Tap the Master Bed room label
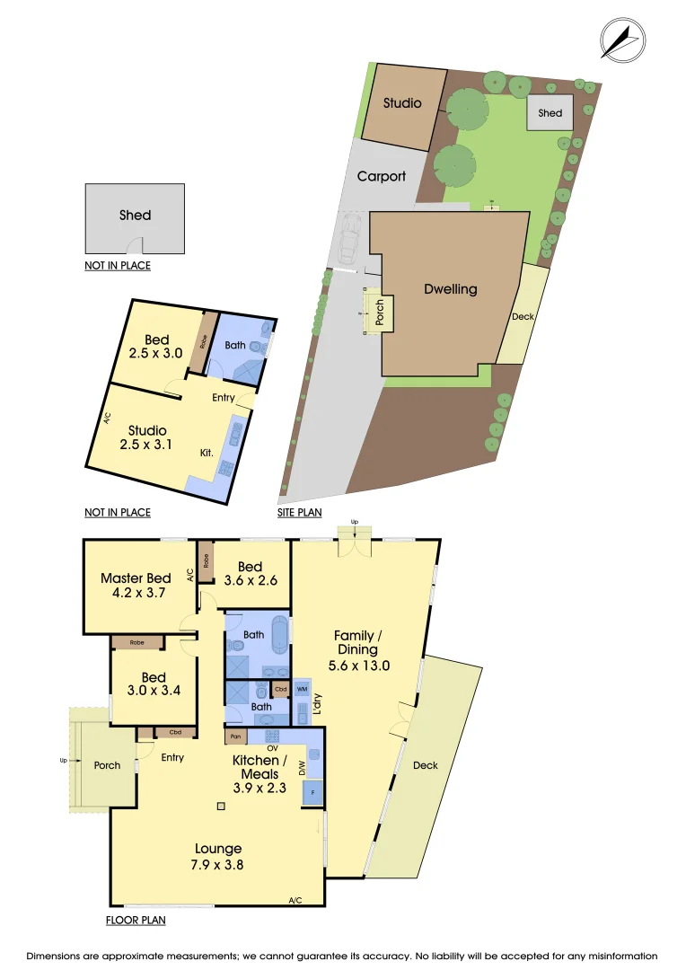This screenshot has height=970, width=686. point(136,586)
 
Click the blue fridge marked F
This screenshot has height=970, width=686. point(312,793)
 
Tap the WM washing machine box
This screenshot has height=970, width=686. point(301,689)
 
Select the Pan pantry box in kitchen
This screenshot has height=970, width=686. point(235,736)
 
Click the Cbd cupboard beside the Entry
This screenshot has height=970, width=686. point(175,732)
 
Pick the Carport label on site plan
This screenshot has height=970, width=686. point(382,176)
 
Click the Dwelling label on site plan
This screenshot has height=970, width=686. point(451,289)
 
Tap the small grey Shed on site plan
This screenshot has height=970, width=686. point(550,113)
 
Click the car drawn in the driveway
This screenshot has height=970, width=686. point(350,240)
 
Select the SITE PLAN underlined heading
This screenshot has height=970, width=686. point(300,513)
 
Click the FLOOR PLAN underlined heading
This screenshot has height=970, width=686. point(135,920)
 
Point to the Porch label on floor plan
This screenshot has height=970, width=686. point(107,765)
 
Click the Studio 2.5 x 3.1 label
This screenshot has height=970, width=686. point(147,437)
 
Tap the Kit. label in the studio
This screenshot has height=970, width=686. point(207,453)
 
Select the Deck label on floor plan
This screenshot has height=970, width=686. point(426,765)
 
